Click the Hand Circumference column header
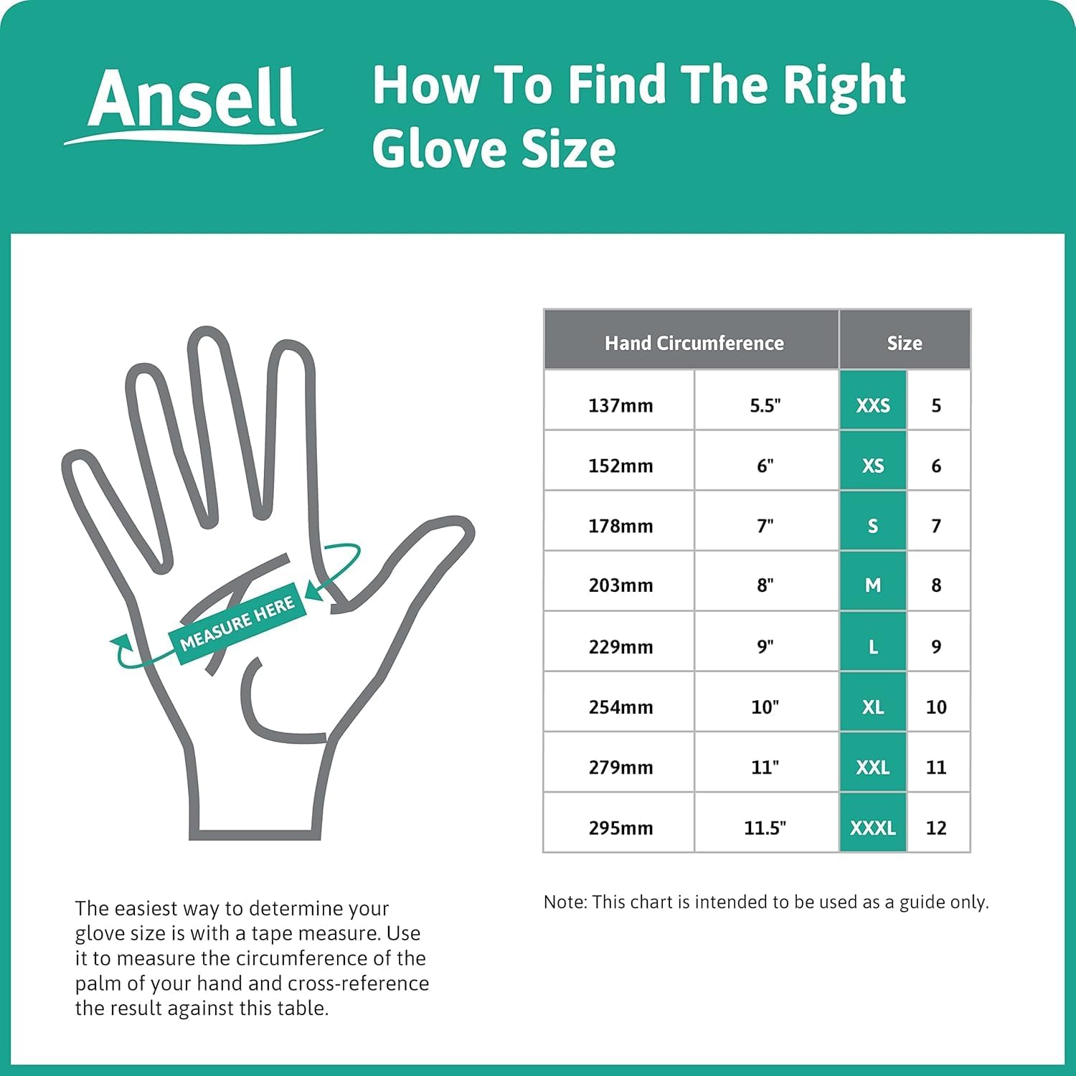point(693,343)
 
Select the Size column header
point(904,343)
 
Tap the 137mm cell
point(620,405)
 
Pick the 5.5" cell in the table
point(765,405)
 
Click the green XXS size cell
point(872,405)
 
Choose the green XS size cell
point(872,466)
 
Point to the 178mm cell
point(620,526)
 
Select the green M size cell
point(872,585)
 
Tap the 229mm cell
point(620,646)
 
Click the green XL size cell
point(872,707)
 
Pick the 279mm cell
point(620,767)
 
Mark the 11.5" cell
point(765,828)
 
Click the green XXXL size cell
point(872,828)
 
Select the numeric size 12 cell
point(936,828)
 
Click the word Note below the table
point(564,902)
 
